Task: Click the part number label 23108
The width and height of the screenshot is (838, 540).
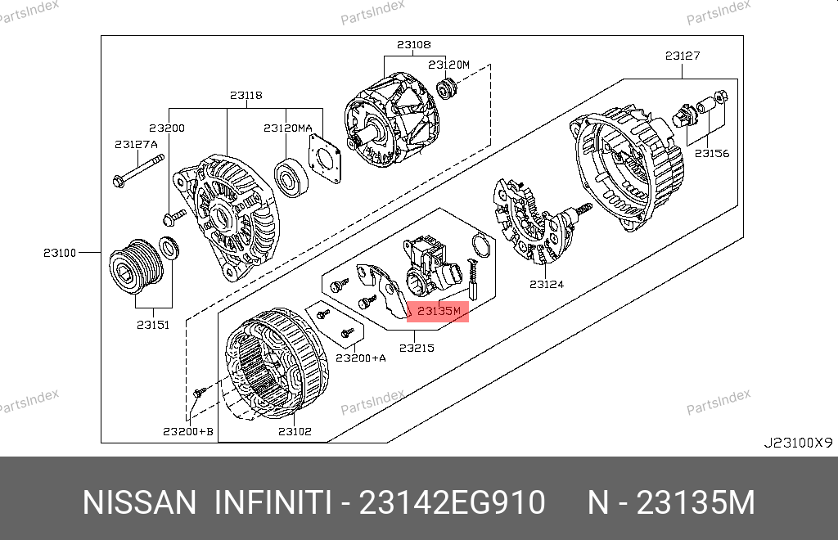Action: pyautogui.click(x=413, y=45)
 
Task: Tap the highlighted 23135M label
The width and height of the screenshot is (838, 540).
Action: pyautogui.click(x=439, y=311)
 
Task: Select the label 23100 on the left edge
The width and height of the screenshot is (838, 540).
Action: pyautogui.click(x=60, y=253)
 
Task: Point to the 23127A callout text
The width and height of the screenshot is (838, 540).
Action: pyautogui.click(x=137, y=144)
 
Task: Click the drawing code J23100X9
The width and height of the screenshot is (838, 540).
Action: pyautogui.click(x=798, y=443)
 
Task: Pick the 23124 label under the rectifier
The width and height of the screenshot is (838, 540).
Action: pyautogui.click(x=547, y=284)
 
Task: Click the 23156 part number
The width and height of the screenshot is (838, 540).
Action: pyautogui.click(x=712, y=153)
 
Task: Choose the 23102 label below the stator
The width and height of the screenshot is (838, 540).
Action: pyautogui.click(x=295, y=431)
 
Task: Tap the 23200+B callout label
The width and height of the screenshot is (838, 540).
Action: pyautogui.click(x=188, y=431)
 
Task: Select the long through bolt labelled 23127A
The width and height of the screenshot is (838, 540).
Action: pyautogui.click(x=139, y=171)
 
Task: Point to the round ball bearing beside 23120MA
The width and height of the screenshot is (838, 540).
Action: pyautogui.click(x=291, y=178)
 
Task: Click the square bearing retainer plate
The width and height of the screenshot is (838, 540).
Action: pyautogui.click(x=324, y=159)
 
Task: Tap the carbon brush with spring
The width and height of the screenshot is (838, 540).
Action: pyautogui.click(x=474, y=279)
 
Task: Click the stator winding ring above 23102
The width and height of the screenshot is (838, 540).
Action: pyautogui.click(x=277, y=362)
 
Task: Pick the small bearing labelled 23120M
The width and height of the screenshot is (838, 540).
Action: pyautogui.click(x=446, y=88)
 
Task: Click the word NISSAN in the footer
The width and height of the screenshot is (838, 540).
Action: pyautogui.click(x=139, y=502)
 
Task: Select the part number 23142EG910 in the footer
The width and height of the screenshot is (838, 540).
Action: pyautogui.click(x=452, y=502)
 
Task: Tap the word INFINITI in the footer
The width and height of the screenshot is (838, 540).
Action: pyautogui.click(x=273, y=502)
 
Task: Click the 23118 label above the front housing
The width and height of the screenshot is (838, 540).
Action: pyautogui.click(x=246, y=95)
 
